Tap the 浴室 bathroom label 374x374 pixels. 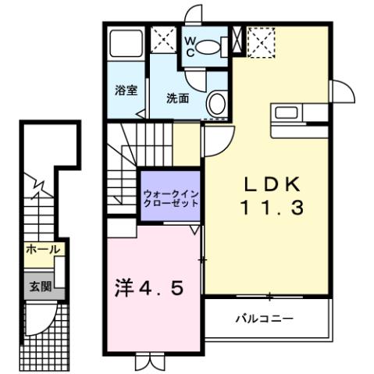126,89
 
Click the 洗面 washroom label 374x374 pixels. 177,98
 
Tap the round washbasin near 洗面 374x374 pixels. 218,103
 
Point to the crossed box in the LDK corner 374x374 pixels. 261,39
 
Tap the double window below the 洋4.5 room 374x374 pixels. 149,362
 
